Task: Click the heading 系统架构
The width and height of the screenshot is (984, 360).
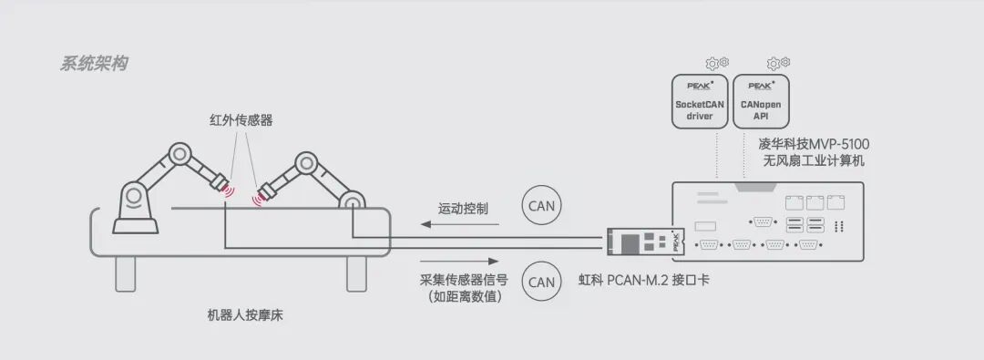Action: pyautogui.click(x=94, y=64)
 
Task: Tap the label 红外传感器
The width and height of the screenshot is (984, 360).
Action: pyautogui.click(x=241, y=120)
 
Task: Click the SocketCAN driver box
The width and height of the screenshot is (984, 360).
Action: pyautogui.click(x=699, y=102)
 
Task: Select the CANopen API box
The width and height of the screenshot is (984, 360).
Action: pyautogui.click(x=761, y=102)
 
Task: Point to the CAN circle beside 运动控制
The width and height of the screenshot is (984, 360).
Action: pyautogui.click(x=542, y=205)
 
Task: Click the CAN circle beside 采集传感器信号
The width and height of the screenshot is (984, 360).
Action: pyautogui.click(x=542, y=283)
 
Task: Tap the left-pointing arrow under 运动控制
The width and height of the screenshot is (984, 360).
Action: pyautogui.click(x=459, y=224)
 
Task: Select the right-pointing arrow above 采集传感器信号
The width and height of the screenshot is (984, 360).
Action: pyautogui.click(x=459, y=261)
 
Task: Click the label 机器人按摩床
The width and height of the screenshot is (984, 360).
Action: pyautogui.click(x=245, y=315)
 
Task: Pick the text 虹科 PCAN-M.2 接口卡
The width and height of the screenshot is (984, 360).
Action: pyautogui.click(x=644, y=280)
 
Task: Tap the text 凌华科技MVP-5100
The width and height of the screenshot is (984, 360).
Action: pyautogui.click(x=815, y=145)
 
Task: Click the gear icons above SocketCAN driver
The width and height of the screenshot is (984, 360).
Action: pyautogui.click(x=717, y=63)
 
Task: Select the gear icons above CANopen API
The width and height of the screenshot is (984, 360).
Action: pyautogui.click(x=778, y=63)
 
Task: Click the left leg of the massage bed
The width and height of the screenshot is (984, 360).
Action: pyautogui.click(x=126, y=274)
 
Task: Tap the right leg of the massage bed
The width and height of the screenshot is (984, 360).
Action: pyautogui.click(x=356, y=274)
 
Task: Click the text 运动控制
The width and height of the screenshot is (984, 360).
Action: pyautogui.click(x=463, y=209)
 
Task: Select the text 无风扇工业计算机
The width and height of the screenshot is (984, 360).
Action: pyautogui.click(x=814, y=160)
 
